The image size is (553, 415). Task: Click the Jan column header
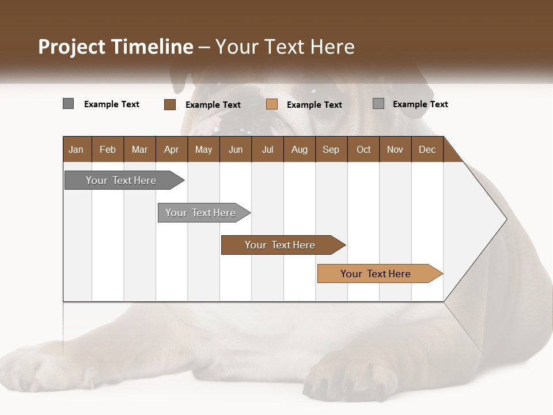click(76, 149)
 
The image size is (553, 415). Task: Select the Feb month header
click(108, 149)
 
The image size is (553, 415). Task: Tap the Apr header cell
click(171, 149)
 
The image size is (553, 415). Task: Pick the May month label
click(203, 149)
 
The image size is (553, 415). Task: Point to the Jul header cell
click(267, 149)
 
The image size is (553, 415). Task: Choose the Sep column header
click(331, 149)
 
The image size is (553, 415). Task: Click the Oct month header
click(363, 149)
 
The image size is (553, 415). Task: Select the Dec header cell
click(427, 149)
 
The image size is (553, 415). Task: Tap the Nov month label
click(395, 149)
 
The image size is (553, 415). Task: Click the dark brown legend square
click(170, 104)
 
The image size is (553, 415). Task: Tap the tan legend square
click(272, 104)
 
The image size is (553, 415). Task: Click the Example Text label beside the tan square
click(314, 105)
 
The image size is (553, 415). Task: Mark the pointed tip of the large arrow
click(506, 219)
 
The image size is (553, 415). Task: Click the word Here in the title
click(332, 47)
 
